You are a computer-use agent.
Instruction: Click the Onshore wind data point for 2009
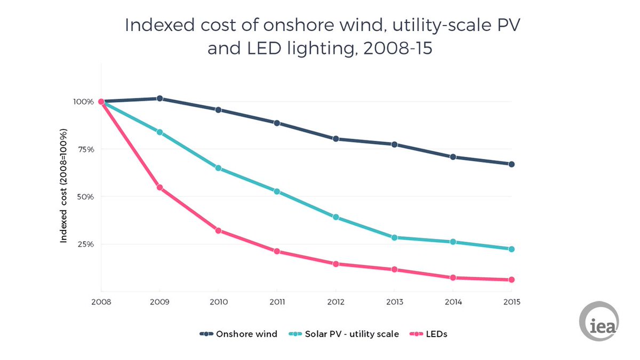(x=159, y=99)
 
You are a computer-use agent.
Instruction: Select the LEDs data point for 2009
(x=159, y=188)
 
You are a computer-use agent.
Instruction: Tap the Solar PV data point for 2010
(x=218, y=168)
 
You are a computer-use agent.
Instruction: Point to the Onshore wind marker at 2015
(x=511, y=164)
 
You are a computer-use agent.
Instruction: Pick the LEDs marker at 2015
(x=511, y=279)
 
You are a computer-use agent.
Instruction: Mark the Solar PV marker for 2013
(x=394, y=237)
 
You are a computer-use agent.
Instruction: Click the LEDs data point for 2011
(x=277, y=251)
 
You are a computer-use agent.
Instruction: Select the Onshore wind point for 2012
(x=335, y=139)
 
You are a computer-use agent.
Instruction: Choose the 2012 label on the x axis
(x=335, y=302)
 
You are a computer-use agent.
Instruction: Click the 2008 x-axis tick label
(x=101, y=302)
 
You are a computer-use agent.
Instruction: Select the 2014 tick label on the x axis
(x=453, y=302)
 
